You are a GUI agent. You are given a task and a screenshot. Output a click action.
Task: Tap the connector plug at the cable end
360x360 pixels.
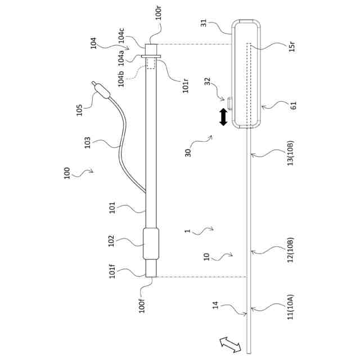100,89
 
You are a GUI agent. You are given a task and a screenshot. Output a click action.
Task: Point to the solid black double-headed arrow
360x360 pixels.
223,117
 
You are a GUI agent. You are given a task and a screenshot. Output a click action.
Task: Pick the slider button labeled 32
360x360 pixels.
231,102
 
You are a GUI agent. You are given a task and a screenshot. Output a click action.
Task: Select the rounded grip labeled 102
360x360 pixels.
151,244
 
